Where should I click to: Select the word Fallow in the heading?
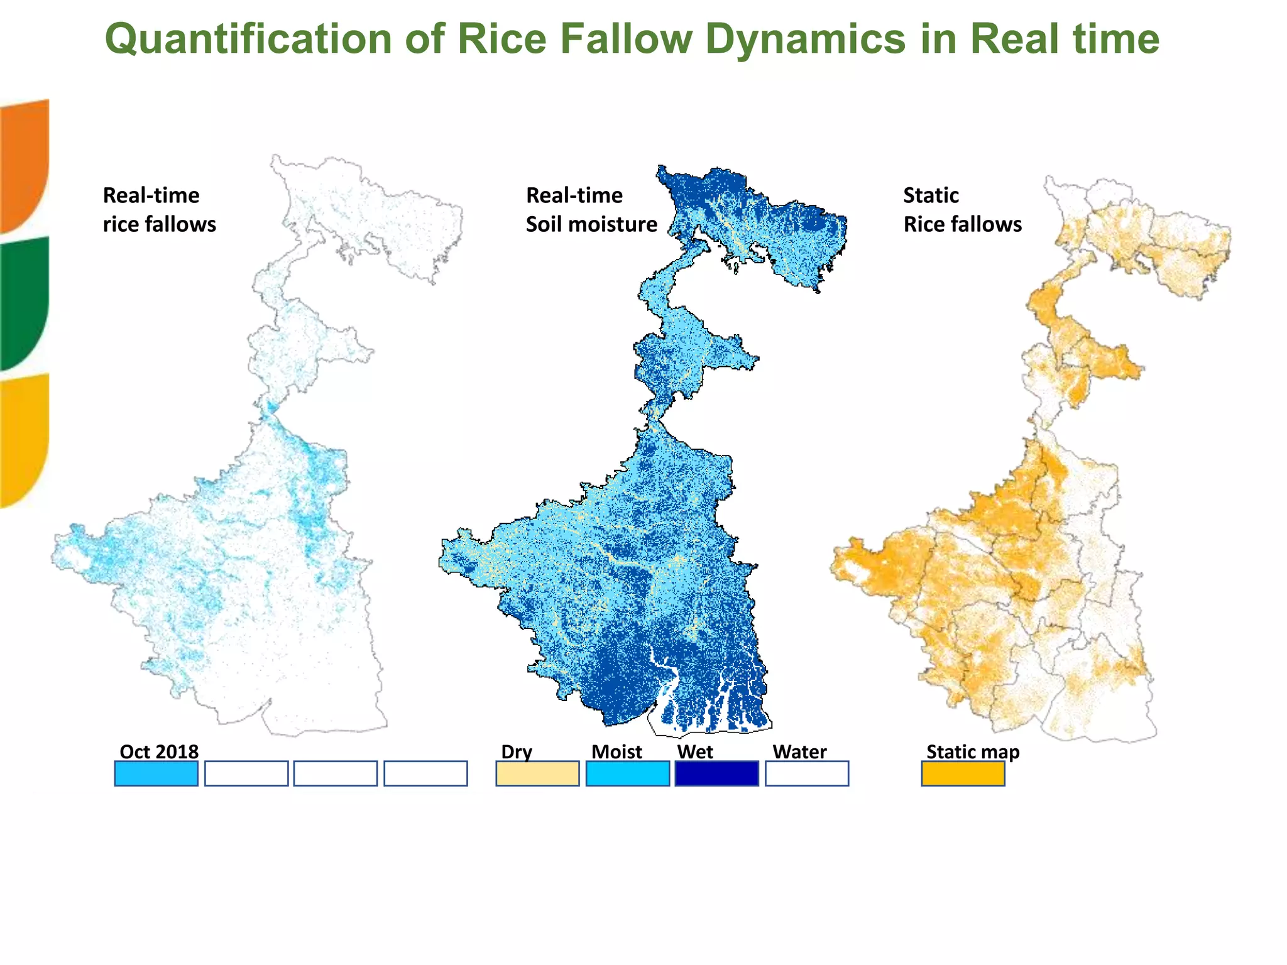(x=625, y=39)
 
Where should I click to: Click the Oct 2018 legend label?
(x=159, y=751)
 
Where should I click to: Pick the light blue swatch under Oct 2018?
(x=156, y=773)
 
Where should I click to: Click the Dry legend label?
(x=517, y=751)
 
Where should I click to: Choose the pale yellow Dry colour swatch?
(x=537, y=773)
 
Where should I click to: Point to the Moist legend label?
(x=616, y=751)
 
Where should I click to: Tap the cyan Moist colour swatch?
(x=628, y=773)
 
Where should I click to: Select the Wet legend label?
(x=695, y=751)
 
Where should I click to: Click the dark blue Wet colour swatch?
(x=717, y=773)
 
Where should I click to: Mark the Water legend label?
(x=799, y=751)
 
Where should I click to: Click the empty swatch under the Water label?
(x=807, y=773)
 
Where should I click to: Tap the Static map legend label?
(x=973, y=751)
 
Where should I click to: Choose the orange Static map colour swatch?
(x=963, y=773)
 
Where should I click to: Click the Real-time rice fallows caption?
(x=159, y=210)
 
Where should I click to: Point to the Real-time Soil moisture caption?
(x=591, y=210)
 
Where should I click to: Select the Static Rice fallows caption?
(x=963, y=210)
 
